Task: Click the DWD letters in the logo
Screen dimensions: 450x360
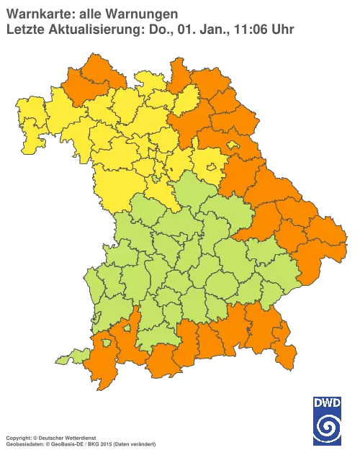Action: pyautogui.click(x=328, y=402)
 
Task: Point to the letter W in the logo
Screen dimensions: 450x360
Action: pyautogui.click(x=328, y=402)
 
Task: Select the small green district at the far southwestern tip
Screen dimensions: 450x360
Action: pyautogui.click(x=67, y=357)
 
